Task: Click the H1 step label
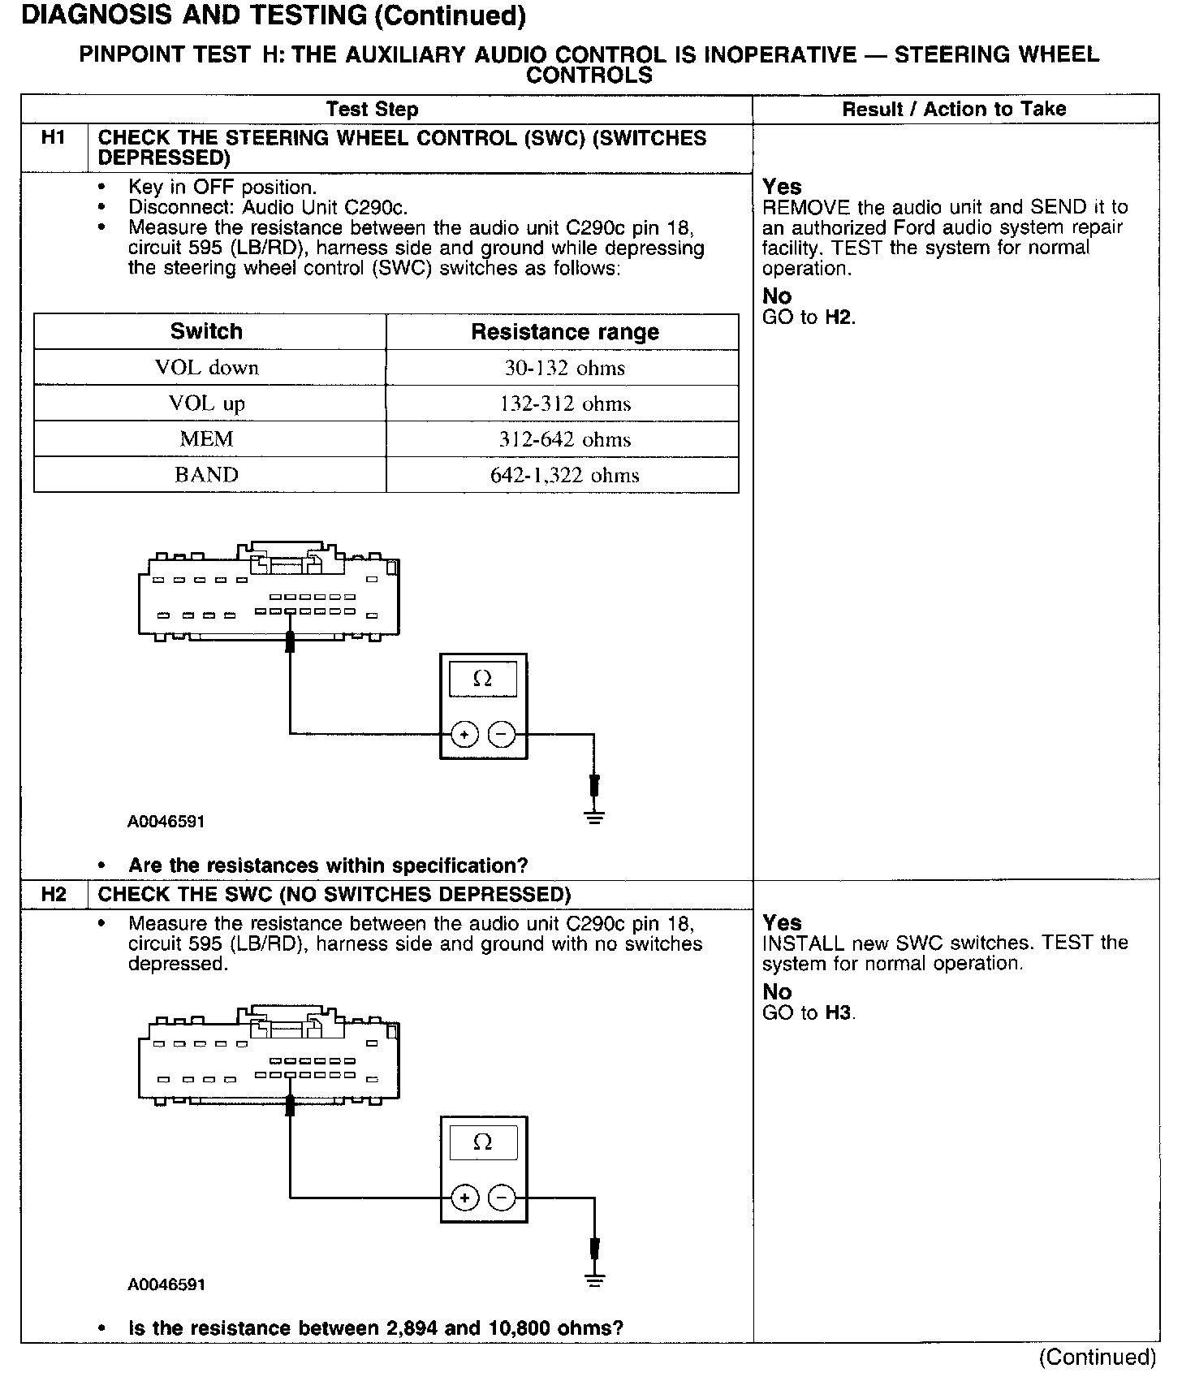53,138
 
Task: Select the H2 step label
53,895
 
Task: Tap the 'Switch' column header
206,331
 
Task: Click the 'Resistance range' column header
564,332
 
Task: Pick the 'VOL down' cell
206,368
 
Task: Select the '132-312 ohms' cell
564,404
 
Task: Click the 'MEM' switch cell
206,439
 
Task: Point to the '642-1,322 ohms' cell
564,475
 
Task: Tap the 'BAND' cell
206,475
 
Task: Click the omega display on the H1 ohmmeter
482,679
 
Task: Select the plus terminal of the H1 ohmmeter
464,736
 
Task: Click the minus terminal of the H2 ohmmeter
503,1198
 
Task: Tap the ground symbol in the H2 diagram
595,1281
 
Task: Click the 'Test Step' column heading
372,110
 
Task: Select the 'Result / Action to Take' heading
954,109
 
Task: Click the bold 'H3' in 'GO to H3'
839,1012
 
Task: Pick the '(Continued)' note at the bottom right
1097,1358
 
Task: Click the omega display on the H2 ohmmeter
482,1142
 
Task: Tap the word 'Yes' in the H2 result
782,922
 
